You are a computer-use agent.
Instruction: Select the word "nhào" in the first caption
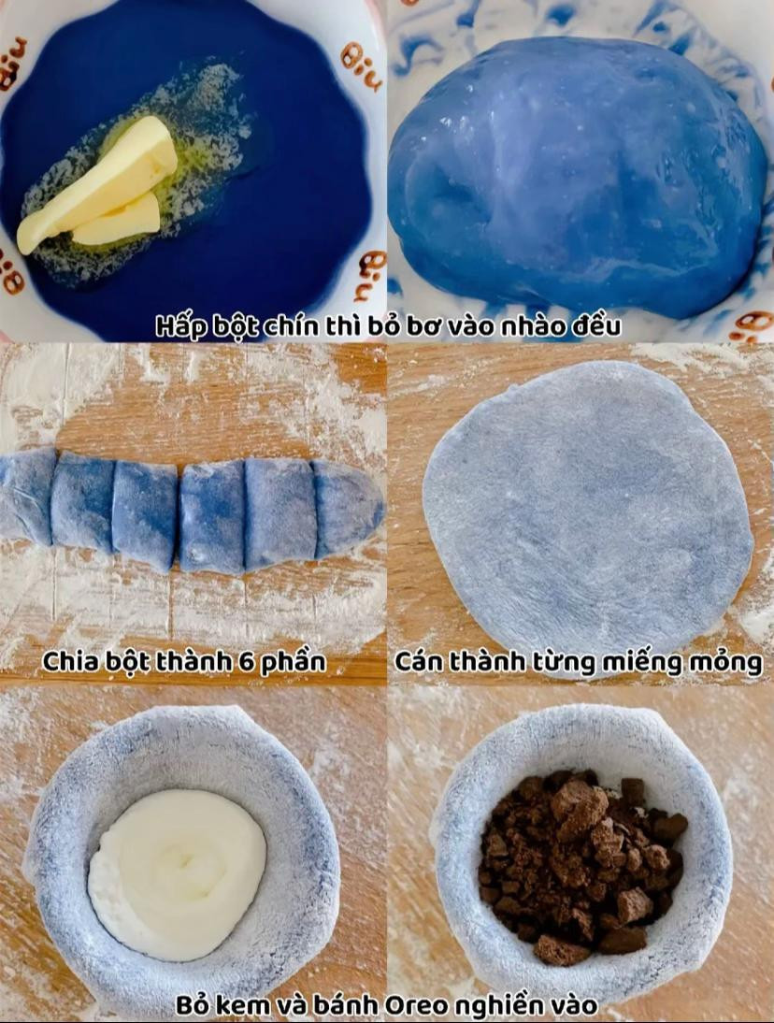click(x=530, y=326)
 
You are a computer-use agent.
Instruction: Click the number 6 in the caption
click(x=246, y=662)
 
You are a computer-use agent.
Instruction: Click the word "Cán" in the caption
click(x=419, y=661)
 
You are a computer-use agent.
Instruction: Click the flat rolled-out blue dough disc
click(x=587, y=515)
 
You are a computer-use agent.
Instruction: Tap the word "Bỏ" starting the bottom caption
click(x=193, y=1005)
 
